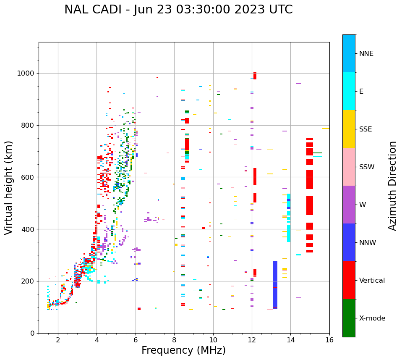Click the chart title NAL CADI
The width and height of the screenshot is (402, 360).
(x=178, y=10)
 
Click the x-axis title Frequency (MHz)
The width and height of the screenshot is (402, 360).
(x=183, y=350)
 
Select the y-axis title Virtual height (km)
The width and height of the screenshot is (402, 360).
(x=9, y=188)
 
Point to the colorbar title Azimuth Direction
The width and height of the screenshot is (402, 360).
(x=392, y=186)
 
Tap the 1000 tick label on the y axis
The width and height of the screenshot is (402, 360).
(x=26, y=74)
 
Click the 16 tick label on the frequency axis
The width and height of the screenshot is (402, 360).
(x=329, y=340)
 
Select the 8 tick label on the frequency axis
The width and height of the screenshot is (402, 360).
(x=174, y=340)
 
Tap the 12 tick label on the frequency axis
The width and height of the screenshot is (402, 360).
(x=252, y=340)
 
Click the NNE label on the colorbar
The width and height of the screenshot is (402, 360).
(x=366, y=54)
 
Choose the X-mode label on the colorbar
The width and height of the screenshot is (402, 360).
(x=372, y=318)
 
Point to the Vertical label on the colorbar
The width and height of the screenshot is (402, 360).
(x=372, y=281)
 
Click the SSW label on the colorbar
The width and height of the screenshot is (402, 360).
(x=367, y=167)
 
